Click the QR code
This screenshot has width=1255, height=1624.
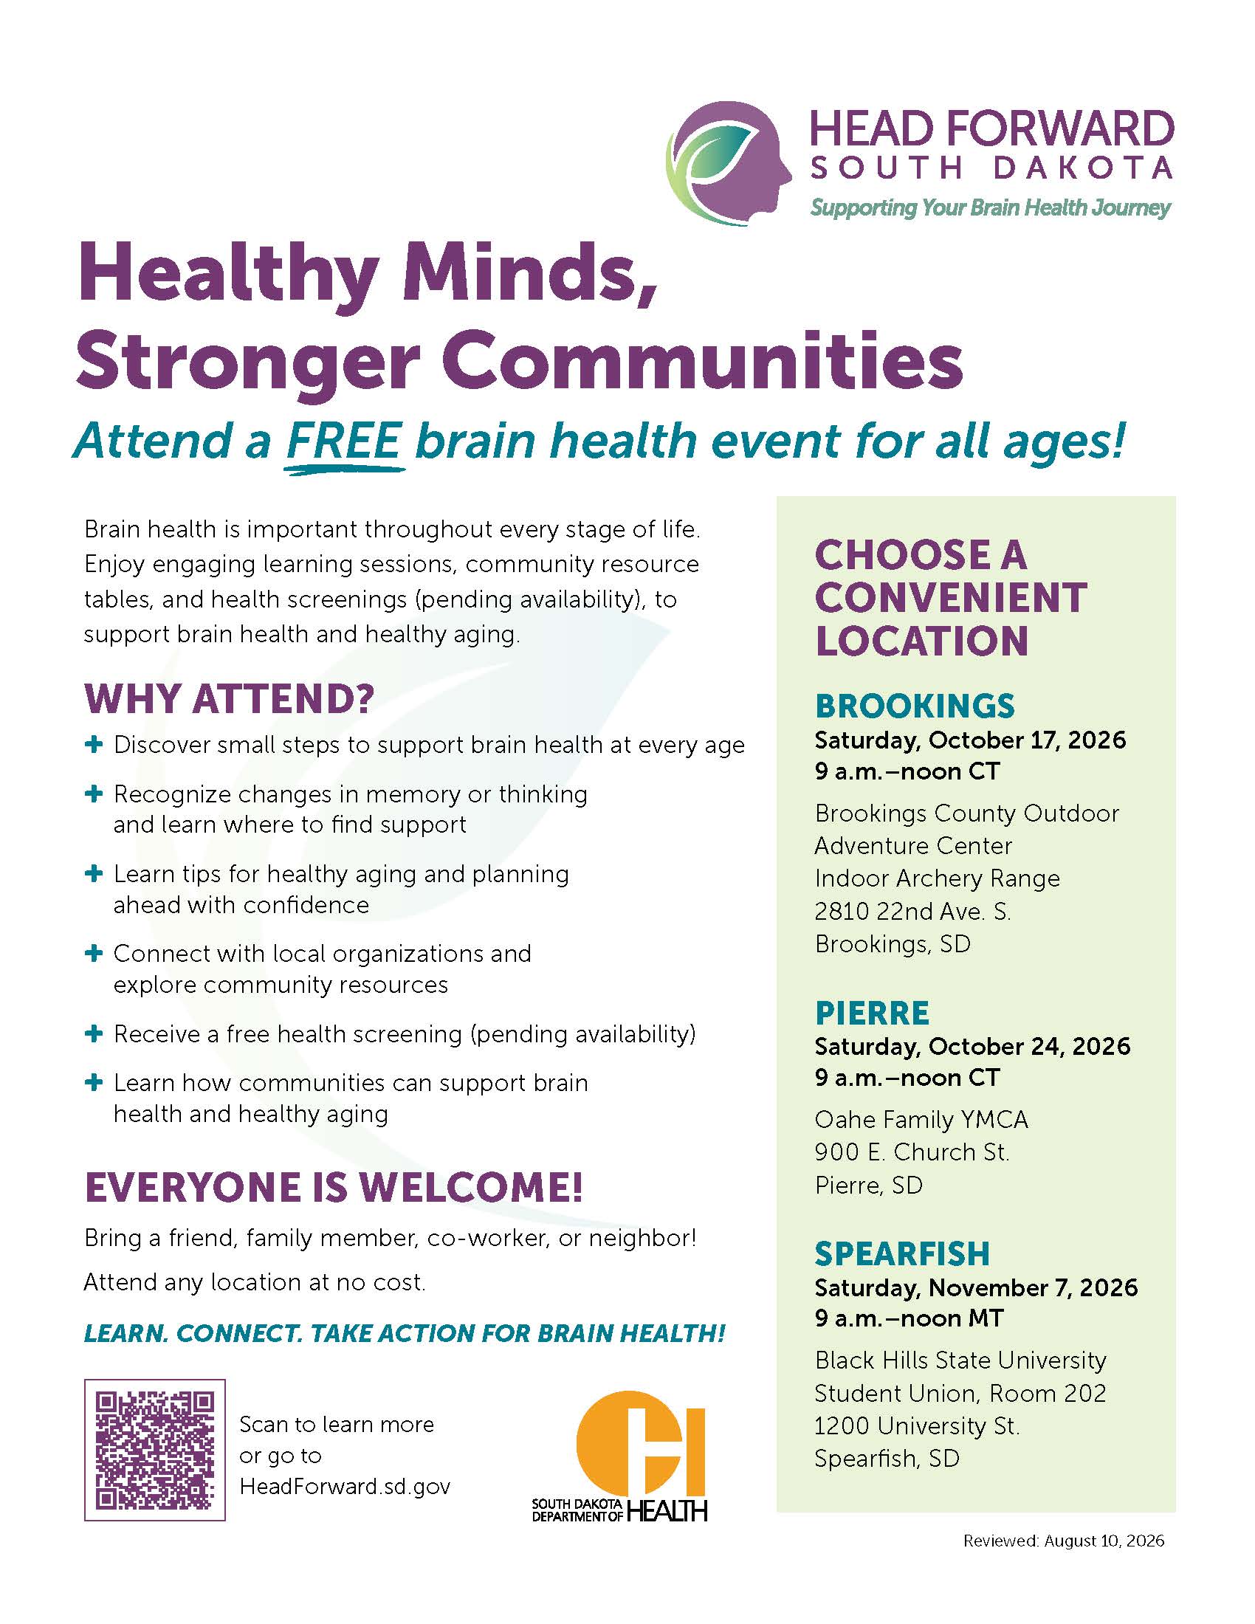pos(154,1449)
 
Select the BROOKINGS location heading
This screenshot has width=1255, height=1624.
pos(915,706)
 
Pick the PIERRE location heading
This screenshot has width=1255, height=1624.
pos(872,1013)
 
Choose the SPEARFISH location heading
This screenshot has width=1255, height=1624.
pos(902,1253)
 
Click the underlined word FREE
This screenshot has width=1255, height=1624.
pos(344,441)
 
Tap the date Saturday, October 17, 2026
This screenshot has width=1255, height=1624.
pos(970,740)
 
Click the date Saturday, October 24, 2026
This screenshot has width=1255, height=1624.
pos(972,1046)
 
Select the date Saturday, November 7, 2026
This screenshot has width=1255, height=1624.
pos(976,1287)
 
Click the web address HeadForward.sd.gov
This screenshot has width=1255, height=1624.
pos(345,1486)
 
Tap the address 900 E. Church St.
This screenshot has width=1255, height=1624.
pos(912,1152)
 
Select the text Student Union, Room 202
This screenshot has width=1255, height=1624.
pos(960,1393)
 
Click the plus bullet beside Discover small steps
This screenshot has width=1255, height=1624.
pos(94,744)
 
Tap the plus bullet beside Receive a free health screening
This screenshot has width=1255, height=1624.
pos(94,1033)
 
